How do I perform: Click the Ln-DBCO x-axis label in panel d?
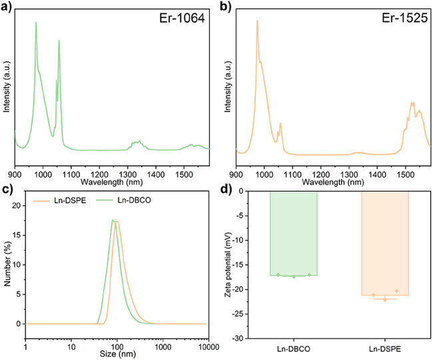293,349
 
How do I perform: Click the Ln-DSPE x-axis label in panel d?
384,349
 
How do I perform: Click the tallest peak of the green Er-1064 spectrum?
36,23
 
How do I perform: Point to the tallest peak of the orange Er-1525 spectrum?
257,21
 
